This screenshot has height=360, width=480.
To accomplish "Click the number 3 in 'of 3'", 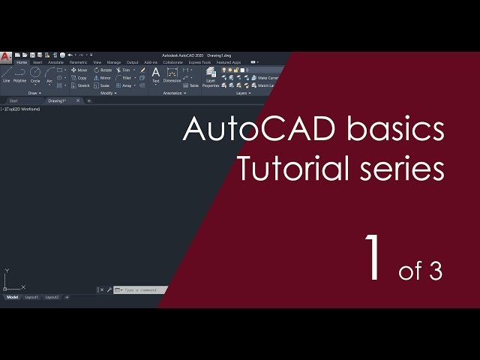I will coord(436,271).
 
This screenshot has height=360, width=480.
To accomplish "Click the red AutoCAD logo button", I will coord(5,55).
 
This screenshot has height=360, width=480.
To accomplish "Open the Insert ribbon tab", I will coord(37,62).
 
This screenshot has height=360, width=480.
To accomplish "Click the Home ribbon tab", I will coord(21,62).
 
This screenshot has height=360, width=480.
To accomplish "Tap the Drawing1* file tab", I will coord(57,100).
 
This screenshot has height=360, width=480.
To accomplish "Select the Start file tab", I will coord(13,100).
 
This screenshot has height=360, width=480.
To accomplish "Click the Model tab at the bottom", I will coord(12,297).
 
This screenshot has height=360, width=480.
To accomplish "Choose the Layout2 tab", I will coord(52,297).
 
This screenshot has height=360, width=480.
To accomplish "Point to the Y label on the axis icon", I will coord(6,271).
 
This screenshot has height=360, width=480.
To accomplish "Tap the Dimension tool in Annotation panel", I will coord(172,74).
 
